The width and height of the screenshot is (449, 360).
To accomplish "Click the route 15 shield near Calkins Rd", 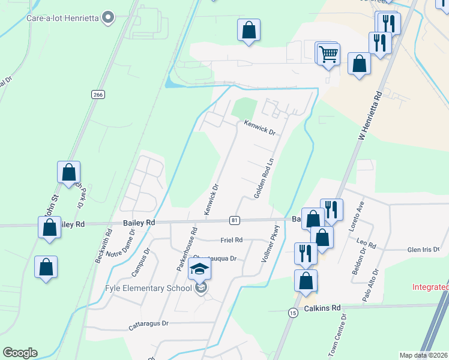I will point(292,313).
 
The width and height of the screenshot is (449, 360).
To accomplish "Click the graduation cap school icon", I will point(200,270).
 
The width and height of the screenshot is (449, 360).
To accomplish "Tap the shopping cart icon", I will point(328,54).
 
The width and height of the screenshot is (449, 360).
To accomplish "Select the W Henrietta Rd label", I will point(370,117).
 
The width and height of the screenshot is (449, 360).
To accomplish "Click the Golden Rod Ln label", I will point(264,179).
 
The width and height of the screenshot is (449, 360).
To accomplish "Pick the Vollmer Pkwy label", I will point(271,245).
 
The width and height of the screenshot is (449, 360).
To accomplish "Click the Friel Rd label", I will point(231,240).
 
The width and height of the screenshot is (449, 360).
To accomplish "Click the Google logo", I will point(20,353).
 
